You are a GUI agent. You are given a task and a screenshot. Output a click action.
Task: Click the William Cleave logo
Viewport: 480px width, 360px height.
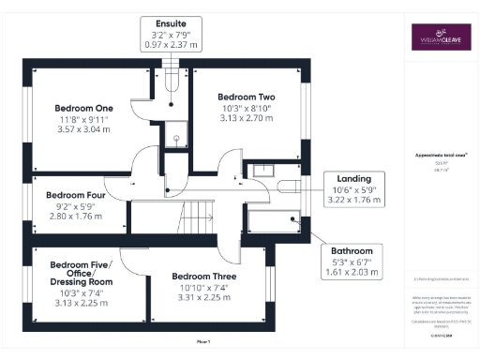[x=442, y=37]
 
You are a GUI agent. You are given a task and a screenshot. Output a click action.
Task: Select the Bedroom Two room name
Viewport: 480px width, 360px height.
[x=246, y=97]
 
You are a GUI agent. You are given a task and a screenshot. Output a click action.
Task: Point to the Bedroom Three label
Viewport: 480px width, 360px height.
[x=203, y=277]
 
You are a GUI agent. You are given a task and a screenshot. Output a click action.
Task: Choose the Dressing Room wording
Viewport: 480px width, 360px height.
[x=81, y=280]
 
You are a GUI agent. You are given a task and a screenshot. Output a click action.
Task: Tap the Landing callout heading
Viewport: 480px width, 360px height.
[x=354, y=178]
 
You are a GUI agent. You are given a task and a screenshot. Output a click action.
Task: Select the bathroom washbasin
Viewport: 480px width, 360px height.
[x=261, y=171]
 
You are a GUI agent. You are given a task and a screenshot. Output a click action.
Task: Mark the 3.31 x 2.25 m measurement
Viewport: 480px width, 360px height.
[x=203, y=301]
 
